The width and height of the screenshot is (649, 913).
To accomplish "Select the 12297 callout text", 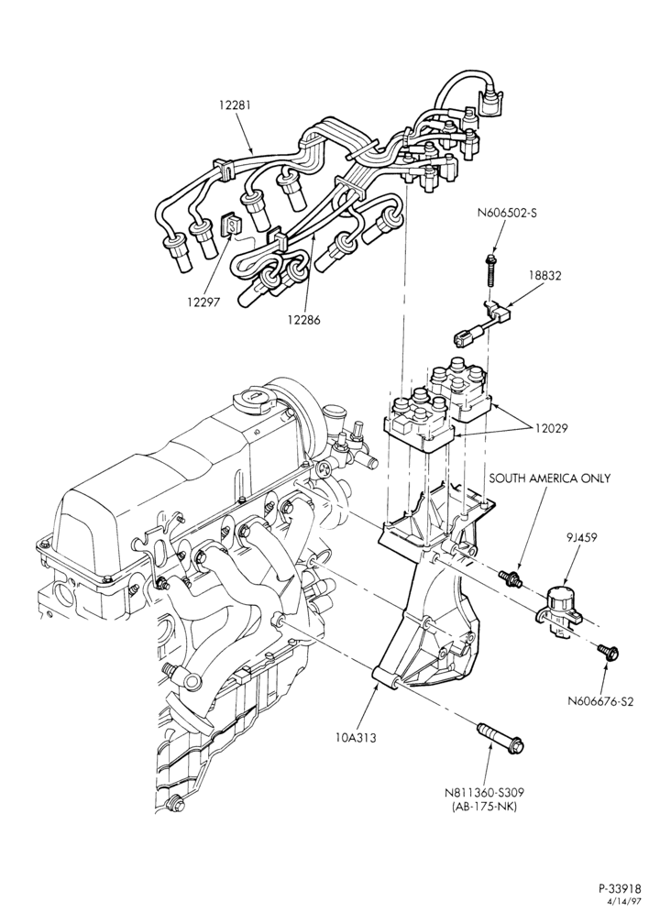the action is pyautogui.click(x=203, y=302).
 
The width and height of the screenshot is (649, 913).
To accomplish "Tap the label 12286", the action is pyautogui.click(x=303, y=319).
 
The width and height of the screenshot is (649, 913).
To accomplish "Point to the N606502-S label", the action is pyautogui.click(x=507, y=213).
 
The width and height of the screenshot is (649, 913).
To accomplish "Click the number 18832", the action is pyautogui.click(x=544, y=275).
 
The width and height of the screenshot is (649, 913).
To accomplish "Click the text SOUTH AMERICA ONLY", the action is pyautogui.click(x=549, y=478).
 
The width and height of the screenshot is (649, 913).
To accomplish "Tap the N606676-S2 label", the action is pyautogui.click(x=600, y=701).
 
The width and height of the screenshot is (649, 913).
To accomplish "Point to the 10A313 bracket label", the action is pyautogui.click(x=356, y=738).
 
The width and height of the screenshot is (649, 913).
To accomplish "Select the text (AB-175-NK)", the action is pyautogui.click(x=484, y=807).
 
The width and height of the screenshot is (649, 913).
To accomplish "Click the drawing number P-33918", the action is pyautogui.click(x=621, y=888).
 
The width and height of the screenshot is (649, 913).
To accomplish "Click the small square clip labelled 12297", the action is pyautogui.click(x=230, y=225).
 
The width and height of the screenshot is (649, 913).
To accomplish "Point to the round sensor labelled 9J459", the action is pyautogui.click(x=558, y=608).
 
